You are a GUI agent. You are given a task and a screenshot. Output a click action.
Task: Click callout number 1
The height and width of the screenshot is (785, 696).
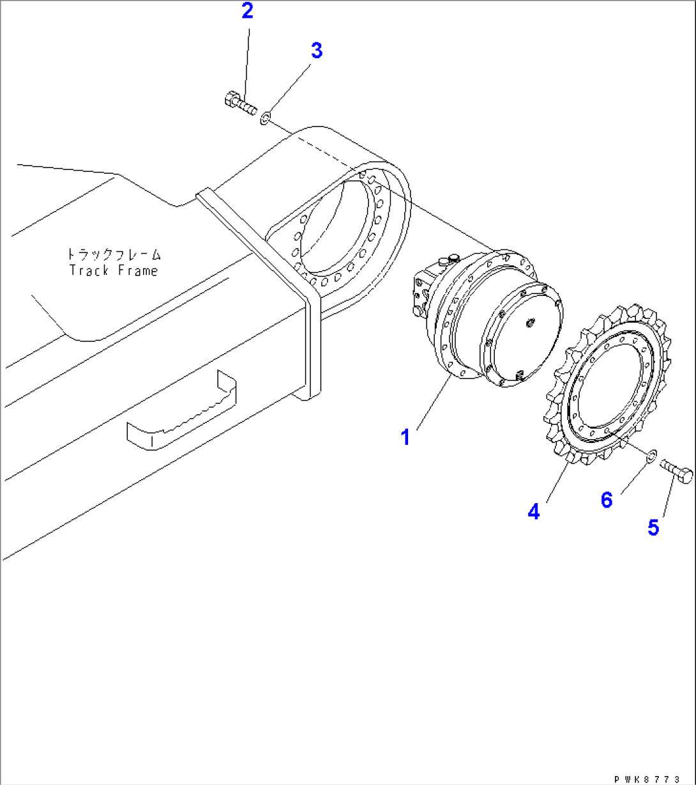[405, 437]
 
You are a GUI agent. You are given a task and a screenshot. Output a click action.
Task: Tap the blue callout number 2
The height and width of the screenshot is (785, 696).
[247, 10]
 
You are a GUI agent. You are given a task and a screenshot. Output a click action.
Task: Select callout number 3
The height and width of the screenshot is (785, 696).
[317, 51]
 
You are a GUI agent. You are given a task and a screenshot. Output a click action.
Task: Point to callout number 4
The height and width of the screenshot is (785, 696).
[533, 512]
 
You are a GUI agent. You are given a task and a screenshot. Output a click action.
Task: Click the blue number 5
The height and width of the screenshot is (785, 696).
[653, 528]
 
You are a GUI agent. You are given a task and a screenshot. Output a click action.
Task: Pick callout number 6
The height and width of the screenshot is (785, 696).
[607, 500]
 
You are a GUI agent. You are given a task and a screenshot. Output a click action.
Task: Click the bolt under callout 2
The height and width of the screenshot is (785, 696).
[240, 103]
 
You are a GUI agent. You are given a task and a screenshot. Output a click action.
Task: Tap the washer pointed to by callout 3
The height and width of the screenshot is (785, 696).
[265, 118]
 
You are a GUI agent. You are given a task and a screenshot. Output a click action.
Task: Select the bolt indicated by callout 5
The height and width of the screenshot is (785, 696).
[676, 470]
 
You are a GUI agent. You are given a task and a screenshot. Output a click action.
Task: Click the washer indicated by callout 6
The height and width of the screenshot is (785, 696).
[651, 456]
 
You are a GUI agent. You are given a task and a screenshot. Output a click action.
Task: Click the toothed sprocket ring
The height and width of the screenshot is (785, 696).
[609, 384]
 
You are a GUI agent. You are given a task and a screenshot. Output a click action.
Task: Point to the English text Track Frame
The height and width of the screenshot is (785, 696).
[114, 270]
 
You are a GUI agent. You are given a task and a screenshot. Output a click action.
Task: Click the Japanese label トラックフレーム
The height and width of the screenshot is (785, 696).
[114, 254]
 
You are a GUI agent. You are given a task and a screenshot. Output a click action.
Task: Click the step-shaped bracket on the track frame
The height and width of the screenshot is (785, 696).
[181, 410]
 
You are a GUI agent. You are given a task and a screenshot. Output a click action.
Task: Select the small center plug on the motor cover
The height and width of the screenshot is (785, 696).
[531, 322]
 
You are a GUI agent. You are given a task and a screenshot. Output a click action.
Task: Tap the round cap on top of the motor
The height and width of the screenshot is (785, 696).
[453, 258]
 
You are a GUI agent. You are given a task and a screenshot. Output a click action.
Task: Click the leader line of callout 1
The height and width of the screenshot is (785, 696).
[433, 402]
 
